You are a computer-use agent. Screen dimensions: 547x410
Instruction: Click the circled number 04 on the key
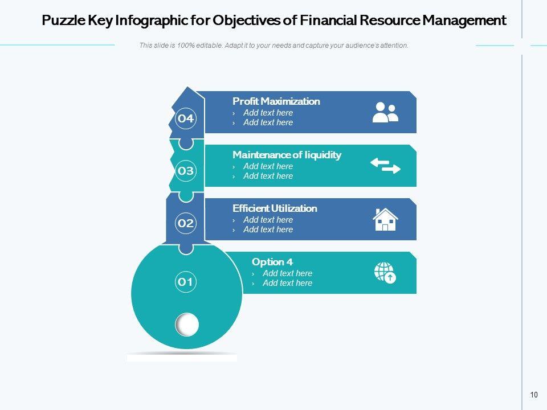click(186, 118)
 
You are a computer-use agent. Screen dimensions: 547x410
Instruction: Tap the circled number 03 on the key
click(186, 170)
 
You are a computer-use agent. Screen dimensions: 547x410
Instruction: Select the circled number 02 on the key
click(186, 223)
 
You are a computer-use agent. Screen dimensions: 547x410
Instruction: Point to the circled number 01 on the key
click(186, 281)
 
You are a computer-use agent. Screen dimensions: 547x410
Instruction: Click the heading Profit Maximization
click(276, 101)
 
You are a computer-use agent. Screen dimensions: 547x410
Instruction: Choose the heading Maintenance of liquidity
click(287, 155)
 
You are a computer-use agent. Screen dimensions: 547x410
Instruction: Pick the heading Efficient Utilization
click(275, 208)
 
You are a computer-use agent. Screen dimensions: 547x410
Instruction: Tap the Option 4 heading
click(272, 262)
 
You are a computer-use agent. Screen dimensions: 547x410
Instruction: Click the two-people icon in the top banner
click(385, 112)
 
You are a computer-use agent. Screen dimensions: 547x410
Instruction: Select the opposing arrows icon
click(386, 166)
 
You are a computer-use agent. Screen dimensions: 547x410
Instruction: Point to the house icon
click(385, 219)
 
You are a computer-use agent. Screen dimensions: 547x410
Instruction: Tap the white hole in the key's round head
click(187, 325)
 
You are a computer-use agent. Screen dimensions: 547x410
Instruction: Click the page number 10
click(534, 395)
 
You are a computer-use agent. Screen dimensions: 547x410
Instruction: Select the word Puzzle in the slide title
click(63, 21)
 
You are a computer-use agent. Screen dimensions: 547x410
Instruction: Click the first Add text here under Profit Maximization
click(268, 113)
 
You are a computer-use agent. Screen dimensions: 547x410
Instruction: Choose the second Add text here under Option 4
click(287, 283)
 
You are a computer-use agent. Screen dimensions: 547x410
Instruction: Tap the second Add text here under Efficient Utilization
click(268, 229)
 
